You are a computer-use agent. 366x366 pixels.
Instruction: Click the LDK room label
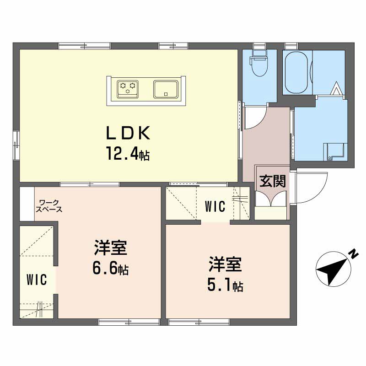(x=128, y=133)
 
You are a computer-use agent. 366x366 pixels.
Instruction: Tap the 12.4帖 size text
(x=128, y=153)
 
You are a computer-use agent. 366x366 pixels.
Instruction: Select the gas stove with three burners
(x=128, y=89)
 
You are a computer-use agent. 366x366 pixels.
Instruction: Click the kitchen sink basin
(x=166, y=89)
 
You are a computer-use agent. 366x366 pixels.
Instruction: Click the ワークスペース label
(x=49, y=206)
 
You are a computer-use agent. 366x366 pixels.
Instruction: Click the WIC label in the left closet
(x=37, y=280)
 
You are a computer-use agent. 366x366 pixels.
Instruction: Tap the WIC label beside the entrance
(x=215, y=206)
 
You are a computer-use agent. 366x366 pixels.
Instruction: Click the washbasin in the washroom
(x=334, y=151)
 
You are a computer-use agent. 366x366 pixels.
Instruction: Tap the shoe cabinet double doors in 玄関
(x=271, y=199)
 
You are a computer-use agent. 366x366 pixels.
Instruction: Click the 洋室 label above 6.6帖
(x=111, y=248)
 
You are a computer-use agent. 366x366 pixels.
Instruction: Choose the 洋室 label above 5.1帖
(x=225, y=264)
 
